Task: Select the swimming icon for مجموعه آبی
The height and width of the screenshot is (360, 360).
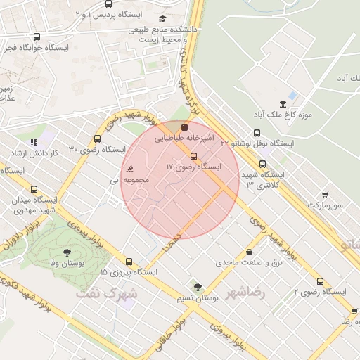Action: click(130, 169)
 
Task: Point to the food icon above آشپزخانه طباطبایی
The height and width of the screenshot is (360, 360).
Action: click(184, 128)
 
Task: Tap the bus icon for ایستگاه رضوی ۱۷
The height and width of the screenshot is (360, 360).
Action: click(193, 156)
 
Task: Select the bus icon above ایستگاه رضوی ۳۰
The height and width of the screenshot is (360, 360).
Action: click(97, 139)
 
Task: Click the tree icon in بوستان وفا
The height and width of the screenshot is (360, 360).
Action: click(67, 251)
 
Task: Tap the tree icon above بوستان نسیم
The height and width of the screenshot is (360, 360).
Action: click(197, 286)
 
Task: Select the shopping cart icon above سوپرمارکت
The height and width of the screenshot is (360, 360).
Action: click(325, 194)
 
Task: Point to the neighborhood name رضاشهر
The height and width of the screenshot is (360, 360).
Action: click(246, 291)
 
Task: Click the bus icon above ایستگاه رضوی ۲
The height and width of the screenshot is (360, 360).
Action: click(320, 280)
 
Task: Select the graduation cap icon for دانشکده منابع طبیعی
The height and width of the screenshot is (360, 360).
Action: click(162, 19)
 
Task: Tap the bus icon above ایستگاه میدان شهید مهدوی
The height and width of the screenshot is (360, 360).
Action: click(34, 189)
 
